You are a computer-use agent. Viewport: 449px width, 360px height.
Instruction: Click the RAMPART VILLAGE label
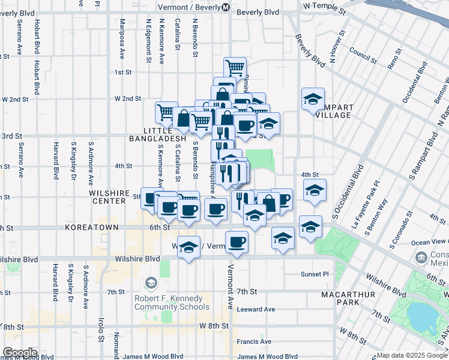click(x=335, y=111)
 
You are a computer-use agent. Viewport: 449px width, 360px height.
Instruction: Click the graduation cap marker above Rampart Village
click(x=313, y=98)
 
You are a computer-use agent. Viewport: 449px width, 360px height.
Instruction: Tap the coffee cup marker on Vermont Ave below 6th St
click(x=237, y=242)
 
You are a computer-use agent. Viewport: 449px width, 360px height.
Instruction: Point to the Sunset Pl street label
click(x=315, y=274)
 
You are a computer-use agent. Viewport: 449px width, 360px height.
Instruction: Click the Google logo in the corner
click(x=20, y=353)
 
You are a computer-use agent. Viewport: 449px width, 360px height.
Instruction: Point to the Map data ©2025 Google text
click(x=412, y=355)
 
